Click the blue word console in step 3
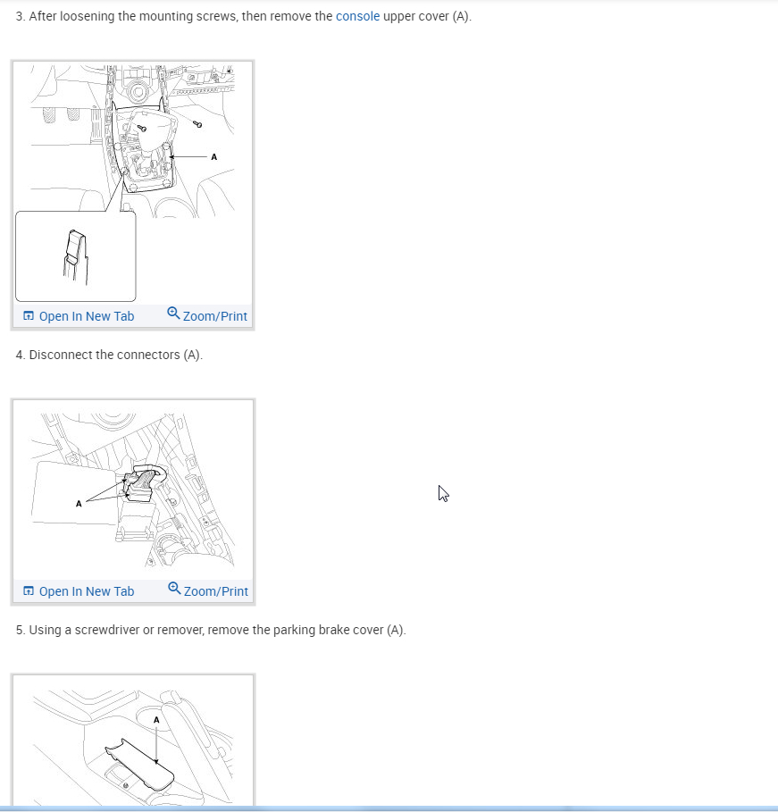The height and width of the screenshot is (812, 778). point(357,16)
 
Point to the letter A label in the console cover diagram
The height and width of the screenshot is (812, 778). point(213,157)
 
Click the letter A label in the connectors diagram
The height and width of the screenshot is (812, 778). point(79,503)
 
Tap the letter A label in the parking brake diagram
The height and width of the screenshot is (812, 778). point(156,720)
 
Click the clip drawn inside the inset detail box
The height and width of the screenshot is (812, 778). point(76,257)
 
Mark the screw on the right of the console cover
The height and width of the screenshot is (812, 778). point(197,124)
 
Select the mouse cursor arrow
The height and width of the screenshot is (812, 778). point(443,493)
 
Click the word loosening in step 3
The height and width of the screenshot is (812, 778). point(87,16)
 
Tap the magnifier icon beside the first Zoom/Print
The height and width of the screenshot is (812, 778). point(173,314)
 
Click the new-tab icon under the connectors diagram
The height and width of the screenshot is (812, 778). point(29,590)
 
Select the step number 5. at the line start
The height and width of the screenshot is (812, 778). point(21,630)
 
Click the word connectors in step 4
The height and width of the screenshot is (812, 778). point(148,355)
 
